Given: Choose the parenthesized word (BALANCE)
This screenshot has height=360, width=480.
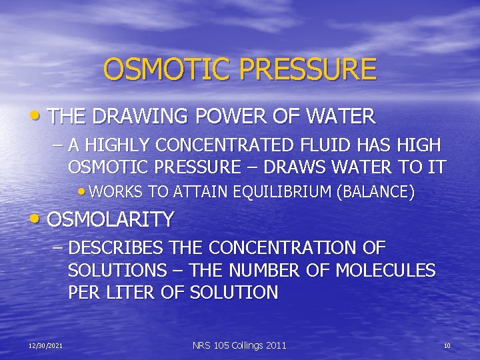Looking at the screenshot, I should point(377,193).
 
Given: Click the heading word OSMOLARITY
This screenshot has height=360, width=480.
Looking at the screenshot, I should point(111,219).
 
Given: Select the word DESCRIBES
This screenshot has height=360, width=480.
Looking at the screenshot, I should point(115,248).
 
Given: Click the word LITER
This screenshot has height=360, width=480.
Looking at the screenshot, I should point(134,293).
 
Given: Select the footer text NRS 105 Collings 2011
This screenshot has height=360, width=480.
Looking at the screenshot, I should point(239,345).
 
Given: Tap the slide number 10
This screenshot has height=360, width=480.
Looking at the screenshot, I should point(447,345).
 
